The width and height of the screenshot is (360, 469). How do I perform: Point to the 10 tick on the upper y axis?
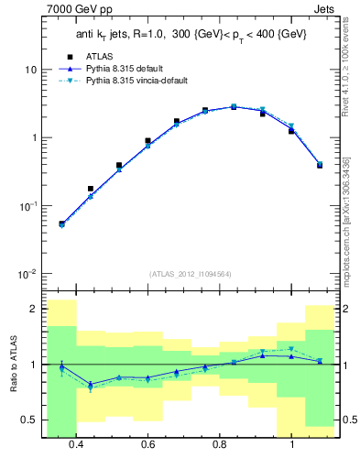coord(31,70)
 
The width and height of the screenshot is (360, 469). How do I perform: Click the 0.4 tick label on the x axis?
coord(76,444)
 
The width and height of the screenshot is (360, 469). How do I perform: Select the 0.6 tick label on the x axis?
coord(148,444)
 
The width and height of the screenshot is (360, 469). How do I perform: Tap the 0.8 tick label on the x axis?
coord(220,444)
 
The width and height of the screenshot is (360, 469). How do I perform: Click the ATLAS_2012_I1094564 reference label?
coord(189,274)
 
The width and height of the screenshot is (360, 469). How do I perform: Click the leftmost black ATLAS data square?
coord(61,224)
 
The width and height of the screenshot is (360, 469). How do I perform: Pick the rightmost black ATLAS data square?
coord(320,165)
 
